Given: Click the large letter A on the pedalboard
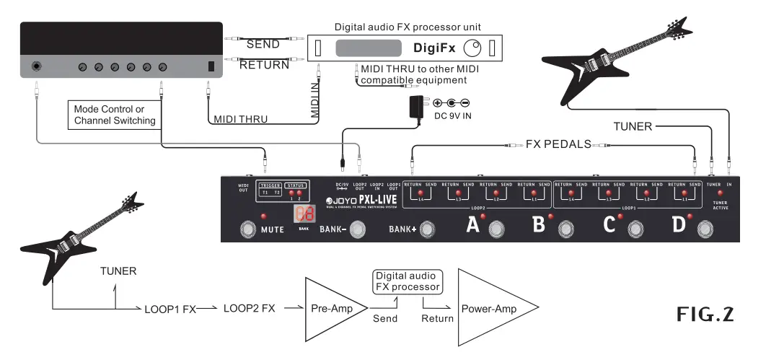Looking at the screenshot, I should point(473,226).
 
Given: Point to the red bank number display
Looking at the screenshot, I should point(304,215).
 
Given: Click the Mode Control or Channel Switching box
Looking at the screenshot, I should point(115,115).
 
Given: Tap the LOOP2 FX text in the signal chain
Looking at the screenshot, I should point(249,308).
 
